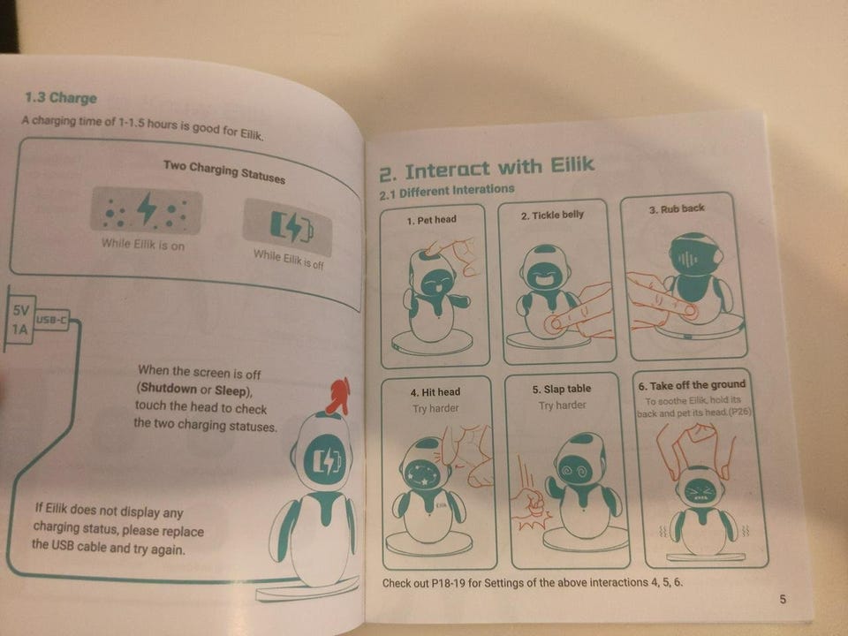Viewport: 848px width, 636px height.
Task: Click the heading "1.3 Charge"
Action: pos(61,98)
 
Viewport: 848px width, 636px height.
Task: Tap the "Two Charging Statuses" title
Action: pos(223,171)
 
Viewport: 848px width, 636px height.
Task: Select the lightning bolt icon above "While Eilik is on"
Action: pos(147,208)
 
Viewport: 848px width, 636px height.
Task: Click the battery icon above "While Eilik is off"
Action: pos(291,227)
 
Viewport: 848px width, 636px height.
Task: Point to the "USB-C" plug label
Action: pos(51,320)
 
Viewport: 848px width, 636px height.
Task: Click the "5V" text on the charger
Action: pos(20,310)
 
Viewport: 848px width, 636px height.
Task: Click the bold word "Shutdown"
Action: pos(169,389)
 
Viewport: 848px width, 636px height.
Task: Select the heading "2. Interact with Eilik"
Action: pos(486,168)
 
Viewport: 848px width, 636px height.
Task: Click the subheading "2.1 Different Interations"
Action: pos(447,192)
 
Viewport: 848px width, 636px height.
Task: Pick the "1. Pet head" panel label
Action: pos(432,220)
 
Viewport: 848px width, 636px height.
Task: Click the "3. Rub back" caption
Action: pos(677,208)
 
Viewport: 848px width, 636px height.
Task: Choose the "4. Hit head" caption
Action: pos(435,392)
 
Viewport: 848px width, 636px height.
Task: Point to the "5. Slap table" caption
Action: pos(562,389)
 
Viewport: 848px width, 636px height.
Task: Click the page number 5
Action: pos(783,599)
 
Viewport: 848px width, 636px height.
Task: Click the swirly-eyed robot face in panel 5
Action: pos(577,470)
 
